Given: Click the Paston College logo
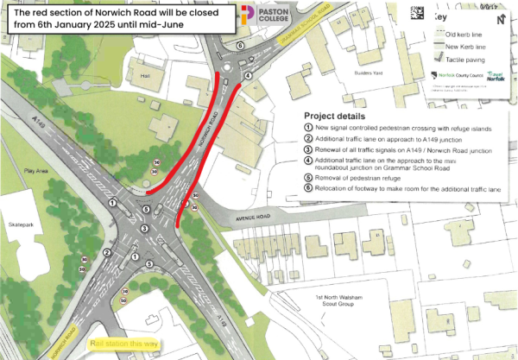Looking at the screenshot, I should (268, 15).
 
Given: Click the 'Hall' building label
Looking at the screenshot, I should (144, 76).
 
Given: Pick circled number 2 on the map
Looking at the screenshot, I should (105, 252).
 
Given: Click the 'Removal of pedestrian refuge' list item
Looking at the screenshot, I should (354, 176).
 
